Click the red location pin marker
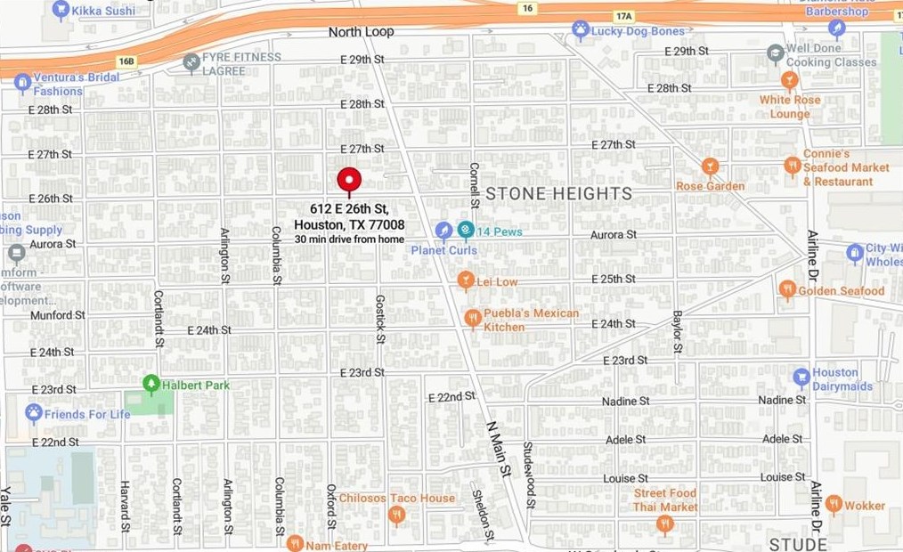pos(349,181)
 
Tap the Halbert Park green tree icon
pos(151,384)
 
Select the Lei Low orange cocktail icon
pos(464,281)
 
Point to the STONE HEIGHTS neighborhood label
pos(558,193)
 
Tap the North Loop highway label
pos(361,32)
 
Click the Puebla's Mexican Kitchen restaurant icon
pos(472,318)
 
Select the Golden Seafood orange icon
pos(786,289)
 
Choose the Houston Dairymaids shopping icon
pos(801,377)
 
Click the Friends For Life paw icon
pos(34,413)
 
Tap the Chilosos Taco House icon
pos(397,514)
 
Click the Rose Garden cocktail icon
pos(710,166)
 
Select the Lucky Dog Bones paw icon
pos(580,31)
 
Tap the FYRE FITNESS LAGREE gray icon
pos(190,62)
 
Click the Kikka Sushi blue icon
pos(61,10)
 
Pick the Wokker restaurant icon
pos(834,504)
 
